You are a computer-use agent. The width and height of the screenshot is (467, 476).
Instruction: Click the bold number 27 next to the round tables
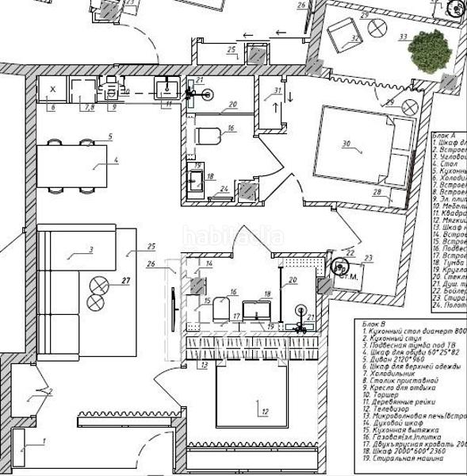coord(125,281)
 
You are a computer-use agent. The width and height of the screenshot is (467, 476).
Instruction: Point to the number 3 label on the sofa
coord(92,250)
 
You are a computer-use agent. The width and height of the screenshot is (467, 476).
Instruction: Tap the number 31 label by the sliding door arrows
coord(278,91)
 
